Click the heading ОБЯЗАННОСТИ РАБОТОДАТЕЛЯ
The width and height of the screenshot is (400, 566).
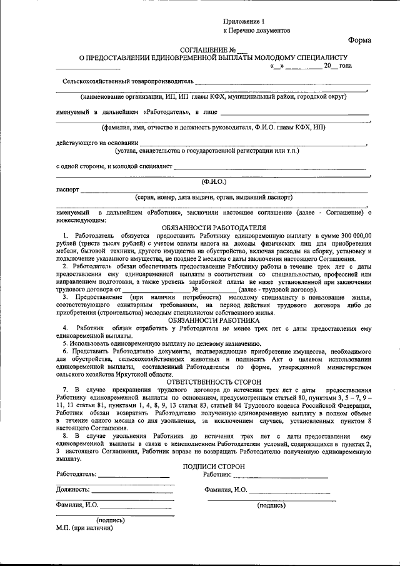point(214,227)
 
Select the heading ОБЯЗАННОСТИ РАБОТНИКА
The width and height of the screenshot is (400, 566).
point(214,320)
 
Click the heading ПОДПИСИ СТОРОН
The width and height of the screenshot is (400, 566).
point(214,467)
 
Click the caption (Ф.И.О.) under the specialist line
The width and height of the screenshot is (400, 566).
point(214,181)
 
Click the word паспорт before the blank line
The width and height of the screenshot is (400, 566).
point(67,188)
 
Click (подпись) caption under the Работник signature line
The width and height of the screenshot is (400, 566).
point(271,505)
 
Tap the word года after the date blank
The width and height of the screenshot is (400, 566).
point(346,65)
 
